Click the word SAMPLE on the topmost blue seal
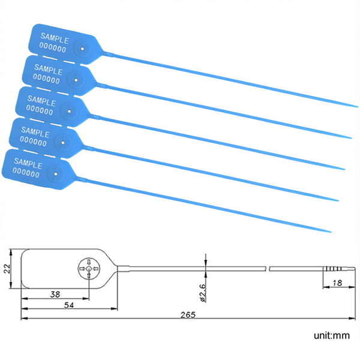[55, 38]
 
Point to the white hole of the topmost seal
[82, 49]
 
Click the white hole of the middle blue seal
[70, 112]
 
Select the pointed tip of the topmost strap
[357, 107]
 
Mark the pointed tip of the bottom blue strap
[331, 232]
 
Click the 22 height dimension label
[7, 269]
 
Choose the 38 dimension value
[55, 295]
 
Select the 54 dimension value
[69, 305]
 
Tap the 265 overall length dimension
[188, 315]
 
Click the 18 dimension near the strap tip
[337, 283]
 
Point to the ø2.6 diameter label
[203, 293]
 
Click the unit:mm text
[332, 335]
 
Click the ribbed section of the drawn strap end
[332, 269]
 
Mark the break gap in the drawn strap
[268, 269]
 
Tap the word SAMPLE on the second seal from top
[48, 70]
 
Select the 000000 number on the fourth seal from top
[33, 141]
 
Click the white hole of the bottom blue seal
[56, 174]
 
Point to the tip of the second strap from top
[351, 138]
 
